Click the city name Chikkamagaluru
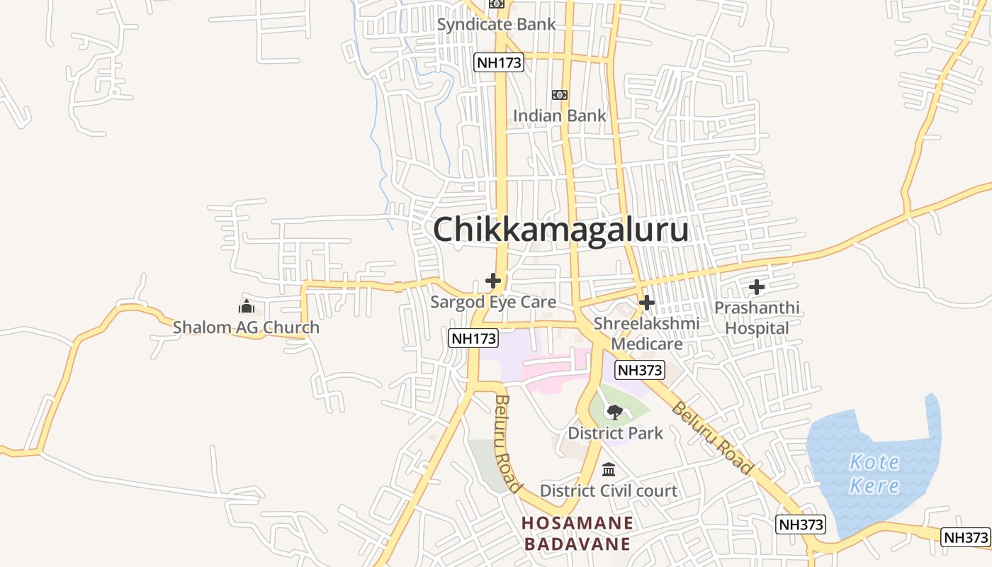click(x=560, y=230)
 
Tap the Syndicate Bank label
click(x=496, y=24)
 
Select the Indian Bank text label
click(x=559, y=115)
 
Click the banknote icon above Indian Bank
click(x=560, y=95)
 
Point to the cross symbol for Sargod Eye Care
click(x=493, y=281)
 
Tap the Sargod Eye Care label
click(x=493, y=302)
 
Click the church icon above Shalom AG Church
click(x=247, y=307)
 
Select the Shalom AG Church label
click(x=246, y=327)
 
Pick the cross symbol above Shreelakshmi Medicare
click(x=646, y=303)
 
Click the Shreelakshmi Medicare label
click(x=646, y=333)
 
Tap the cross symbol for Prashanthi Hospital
click(x=757, y=287)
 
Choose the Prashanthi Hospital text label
click(x=757, y=318)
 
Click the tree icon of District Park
click(x=615, y=412)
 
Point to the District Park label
click(x=615, y=432)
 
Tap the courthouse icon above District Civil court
click(x=609, y=470)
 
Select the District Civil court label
click(x=609, y=490)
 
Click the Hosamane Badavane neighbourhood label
click(x=576, y=534)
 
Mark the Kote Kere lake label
click(x=874, y=474)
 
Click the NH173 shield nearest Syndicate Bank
click(x=499, y=62)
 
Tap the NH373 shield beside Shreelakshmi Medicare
click(x=639, y=369)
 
